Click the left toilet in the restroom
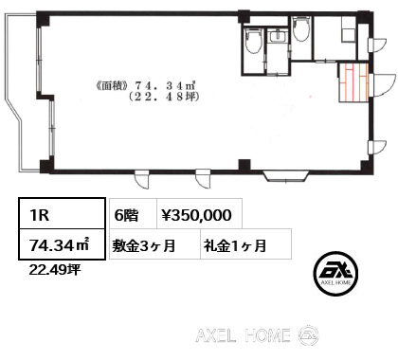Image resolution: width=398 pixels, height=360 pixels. [x=253, y=41]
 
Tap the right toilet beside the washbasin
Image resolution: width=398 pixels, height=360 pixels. [x=301, y=28]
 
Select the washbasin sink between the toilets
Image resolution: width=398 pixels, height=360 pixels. [x=278, y=36]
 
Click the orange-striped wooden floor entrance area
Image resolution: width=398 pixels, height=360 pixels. [x=353, y=82]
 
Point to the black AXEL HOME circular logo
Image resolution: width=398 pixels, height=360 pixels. [x=335, y=274]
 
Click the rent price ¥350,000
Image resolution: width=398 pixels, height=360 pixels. [x=197, y=215]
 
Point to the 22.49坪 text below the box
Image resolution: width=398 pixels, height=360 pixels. [x=55, y=270]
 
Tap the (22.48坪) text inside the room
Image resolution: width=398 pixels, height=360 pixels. [x=164, y=97]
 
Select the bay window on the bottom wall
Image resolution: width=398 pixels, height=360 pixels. [x=286, y=176]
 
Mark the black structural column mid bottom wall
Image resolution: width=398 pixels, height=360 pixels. [x=244, y=166]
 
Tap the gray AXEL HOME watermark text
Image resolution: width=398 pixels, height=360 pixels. [x=243, y=335]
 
